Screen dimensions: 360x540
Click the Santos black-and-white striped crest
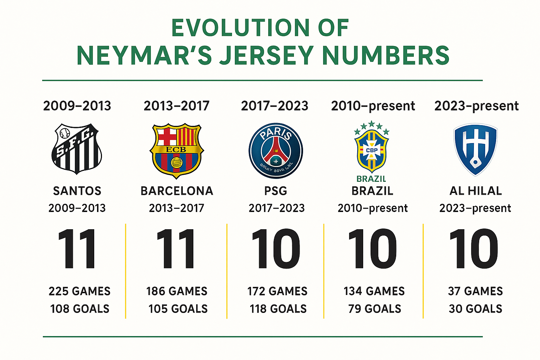point(77,148)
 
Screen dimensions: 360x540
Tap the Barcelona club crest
point(176,150)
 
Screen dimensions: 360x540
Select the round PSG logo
point(276,150)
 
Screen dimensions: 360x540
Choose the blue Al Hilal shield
point(475,149)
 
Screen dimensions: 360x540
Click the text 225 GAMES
point(79,291)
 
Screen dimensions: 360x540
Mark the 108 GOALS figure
point(79,309)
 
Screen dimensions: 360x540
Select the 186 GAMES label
point(177,291)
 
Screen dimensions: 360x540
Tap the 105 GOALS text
point(178,309)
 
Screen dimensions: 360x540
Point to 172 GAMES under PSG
point(277,291)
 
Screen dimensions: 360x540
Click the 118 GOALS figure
point(278,309)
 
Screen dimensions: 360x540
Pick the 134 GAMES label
point(374,291)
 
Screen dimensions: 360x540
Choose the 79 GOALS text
point(375,309)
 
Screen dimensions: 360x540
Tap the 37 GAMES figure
point(475,291)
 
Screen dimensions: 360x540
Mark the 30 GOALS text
point(475,309)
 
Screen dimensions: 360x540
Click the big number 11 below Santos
point(77,249)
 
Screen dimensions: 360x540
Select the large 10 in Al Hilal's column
point(474,249)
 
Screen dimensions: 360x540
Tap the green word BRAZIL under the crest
point(371,179)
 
